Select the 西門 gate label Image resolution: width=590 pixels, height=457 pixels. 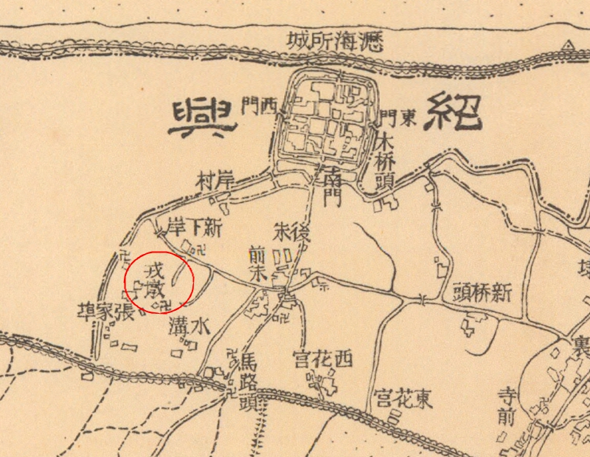point(257,109)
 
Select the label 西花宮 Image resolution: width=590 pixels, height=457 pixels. point(322,360)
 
